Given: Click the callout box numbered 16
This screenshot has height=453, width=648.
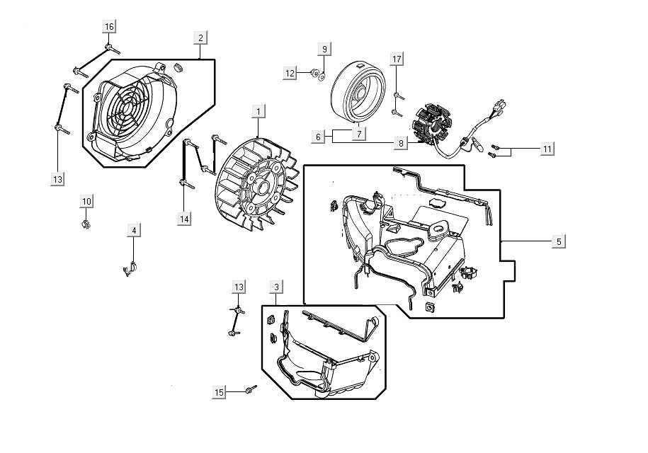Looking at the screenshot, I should click(x=109, y=27).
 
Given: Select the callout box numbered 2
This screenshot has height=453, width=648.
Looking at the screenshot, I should click(x=201, y=37).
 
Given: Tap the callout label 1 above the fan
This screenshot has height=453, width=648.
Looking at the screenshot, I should click(x=259, y=112).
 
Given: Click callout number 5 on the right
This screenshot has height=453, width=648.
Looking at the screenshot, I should click(x=559, y=242).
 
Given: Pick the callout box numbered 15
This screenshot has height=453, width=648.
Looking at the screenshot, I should click(x=220, y=391).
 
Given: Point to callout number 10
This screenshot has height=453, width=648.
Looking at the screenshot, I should click(x=86, y=202).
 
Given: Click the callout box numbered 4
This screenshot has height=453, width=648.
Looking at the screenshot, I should click(x=134, y=230).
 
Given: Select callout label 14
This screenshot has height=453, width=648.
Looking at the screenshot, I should click(x=184, y=219).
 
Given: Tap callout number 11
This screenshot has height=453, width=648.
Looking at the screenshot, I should click(x=547, y=149).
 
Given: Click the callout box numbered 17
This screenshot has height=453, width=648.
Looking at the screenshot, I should click(x=397, y=58).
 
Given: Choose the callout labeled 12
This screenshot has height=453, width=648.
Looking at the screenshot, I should click(x=290, y=73).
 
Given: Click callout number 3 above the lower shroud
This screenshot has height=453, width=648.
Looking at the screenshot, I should click(x=276, y=287).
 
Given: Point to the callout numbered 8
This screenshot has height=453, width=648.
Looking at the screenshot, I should click(x=401, y=143).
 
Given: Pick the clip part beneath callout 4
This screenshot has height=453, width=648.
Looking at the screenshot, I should click(x=130, y=268).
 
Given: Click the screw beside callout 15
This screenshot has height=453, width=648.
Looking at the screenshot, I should click(x=250, y=389).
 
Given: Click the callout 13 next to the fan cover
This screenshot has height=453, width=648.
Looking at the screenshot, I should click(x=58, y=179).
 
